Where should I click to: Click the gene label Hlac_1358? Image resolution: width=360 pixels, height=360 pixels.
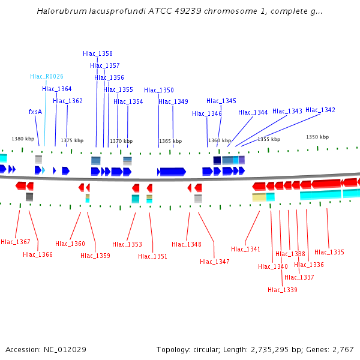[x=98, y=53]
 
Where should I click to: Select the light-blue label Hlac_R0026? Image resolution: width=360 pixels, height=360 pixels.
[x=47, y=77]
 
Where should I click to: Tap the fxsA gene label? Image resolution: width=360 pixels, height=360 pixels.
[x=35, y=112]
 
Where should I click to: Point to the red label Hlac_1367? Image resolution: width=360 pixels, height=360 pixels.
[x=16, y=242]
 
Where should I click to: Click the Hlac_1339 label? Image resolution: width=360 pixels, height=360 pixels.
[x=283, y=290]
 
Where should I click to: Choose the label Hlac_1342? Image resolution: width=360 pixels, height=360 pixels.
[x=320, y=110]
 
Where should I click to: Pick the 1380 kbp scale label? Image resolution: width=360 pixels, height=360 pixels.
[x=23, y=139]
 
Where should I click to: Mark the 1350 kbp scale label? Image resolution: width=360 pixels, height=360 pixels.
[x=317, y=137]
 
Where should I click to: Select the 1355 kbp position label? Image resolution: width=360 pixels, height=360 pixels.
[x=269, y=139]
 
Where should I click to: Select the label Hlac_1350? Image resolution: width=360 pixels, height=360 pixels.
[x=159, y=91]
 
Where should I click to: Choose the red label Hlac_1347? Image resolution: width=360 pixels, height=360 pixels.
[x=215, y=262]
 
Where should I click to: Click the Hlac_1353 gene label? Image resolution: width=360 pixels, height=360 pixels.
[x=127, y=245]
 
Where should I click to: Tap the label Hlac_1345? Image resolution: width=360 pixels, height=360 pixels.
[x=221, y=101]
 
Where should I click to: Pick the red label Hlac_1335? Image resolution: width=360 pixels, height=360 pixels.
[x=329, y=253]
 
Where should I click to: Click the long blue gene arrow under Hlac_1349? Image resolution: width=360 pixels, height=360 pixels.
[x=173, y=172]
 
